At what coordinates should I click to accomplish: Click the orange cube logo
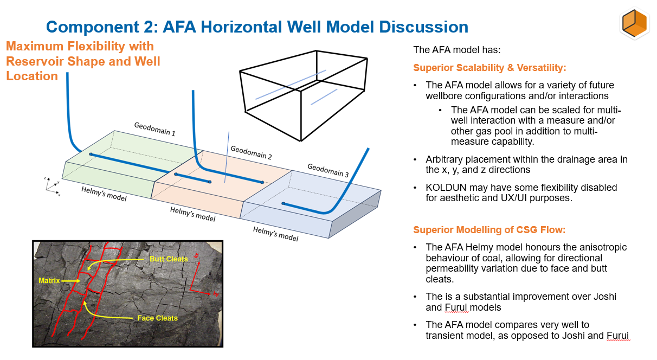[634, 23]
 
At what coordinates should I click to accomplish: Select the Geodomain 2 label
[251, 152]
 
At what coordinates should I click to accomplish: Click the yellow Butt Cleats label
[169, 259]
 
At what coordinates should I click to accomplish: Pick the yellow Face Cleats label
[157, 318]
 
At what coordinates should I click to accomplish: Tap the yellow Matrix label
[49, 281]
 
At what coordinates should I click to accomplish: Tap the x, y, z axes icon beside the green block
[52, 186]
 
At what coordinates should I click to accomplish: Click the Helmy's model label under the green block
[104, 194]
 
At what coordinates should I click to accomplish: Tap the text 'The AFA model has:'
[457, 50]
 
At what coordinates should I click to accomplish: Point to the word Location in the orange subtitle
[32, 76]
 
